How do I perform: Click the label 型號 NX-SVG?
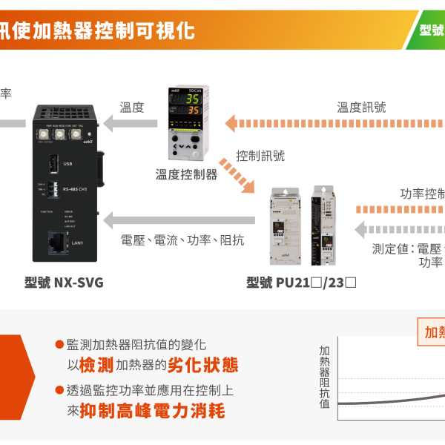click(64, 282)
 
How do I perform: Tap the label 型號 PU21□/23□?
click(302, 282)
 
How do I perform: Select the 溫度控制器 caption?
click(186, 174)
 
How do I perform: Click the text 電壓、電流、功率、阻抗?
click(182, 240)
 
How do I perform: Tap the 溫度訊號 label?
click(361, 108)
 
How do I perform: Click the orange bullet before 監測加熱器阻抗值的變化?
click(59, 345)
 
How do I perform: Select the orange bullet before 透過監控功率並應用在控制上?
click(59, 390)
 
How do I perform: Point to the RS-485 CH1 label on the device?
click(77, 188)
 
